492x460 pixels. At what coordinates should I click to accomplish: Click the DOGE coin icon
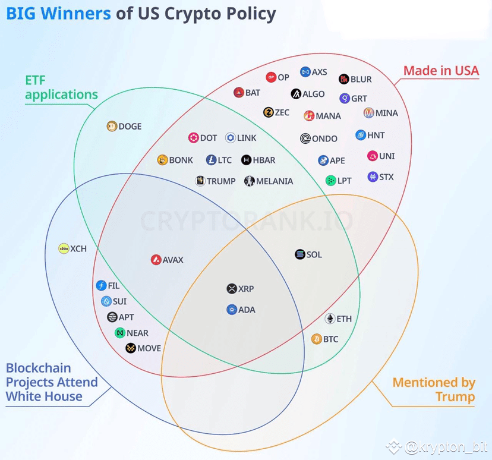tap(112, 126)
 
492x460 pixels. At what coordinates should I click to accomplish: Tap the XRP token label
tap(246, 289)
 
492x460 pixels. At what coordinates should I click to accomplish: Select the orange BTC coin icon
tap(317, 339)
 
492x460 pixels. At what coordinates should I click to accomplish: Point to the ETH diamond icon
tap(330, 319)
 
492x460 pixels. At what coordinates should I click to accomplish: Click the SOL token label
tap(314, 254)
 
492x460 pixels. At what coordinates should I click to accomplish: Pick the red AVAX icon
tap(156, 260)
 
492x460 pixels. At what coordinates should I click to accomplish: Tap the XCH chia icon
tap(64, 248)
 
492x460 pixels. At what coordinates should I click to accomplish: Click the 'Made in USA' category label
tap(441, 71)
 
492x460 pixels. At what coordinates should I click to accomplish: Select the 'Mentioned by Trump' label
tap(434, 389)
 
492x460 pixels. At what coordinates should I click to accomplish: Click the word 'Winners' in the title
tap(75, 14)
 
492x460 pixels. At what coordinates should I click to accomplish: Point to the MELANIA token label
tap(275, 181)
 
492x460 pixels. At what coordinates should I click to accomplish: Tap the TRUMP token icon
tap(200, 181)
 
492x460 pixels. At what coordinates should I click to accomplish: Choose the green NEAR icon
tap(120, 333)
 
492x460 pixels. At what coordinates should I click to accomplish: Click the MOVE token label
tap(149, 348)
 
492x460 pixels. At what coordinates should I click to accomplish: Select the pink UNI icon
tap(373, 156)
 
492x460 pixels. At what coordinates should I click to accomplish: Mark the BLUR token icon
tap(344, 79)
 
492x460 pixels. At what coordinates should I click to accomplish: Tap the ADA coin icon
tap(232, 310)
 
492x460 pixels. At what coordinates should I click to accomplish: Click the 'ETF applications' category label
tap(62, 87)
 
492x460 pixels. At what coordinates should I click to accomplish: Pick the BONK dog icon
tap(162, 160)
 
